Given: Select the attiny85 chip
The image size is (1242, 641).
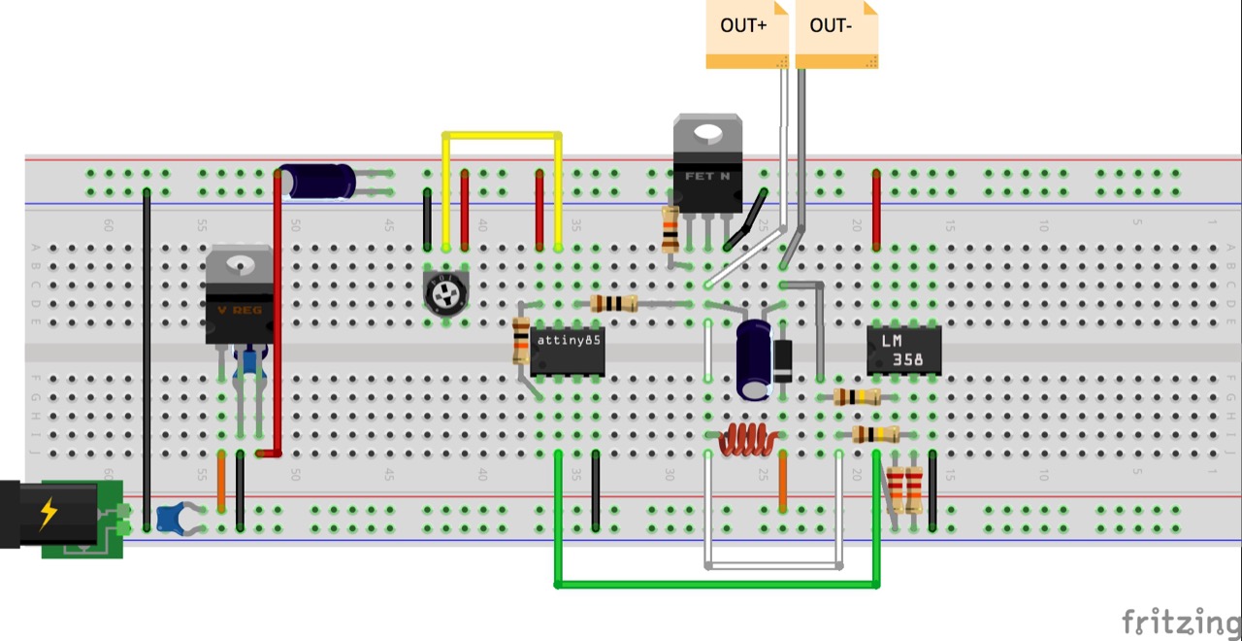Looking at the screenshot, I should coord(568,351).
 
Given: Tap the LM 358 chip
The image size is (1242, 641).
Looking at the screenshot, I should coord(903,350).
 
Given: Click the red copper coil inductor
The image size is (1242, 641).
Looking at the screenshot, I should coord(746,439).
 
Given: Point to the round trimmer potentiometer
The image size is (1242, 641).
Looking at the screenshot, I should coord(446,289).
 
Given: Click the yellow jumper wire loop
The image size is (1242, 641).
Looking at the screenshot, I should coord(502,135).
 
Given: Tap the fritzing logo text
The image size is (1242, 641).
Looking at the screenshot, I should coord(1180,621).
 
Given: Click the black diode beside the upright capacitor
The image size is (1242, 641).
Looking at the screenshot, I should coord(781,360).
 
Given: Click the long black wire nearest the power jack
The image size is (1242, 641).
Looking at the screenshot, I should coord(147,359).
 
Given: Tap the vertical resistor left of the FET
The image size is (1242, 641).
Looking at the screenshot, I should coord(670,228).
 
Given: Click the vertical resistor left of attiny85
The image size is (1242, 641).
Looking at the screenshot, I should coord(521,342).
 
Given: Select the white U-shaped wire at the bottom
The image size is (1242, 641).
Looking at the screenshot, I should coord(773,564).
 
